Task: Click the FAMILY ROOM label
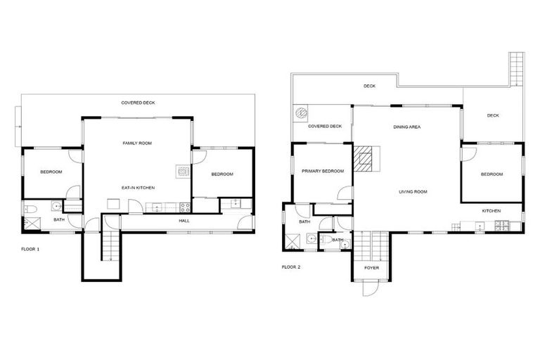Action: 137,143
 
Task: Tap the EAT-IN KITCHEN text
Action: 138,188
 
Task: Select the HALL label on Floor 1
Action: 184,221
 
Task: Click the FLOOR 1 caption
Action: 30,249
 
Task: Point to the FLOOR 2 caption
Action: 291,267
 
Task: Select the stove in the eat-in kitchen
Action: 185,207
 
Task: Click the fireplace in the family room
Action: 182,170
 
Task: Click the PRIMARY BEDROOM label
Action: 323,171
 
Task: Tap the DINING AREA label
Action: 406,127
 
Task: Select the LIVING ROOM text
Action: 413,191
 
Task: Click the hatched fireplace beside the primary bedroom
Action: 365,158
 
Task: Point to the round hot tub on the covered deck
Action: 302,112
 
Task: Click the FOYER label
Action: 371,268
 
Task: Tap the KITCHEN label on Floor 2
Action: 491,211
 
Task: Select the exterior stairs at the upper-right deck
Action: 517,67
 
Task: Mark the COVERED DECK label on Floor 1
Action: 138,103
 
